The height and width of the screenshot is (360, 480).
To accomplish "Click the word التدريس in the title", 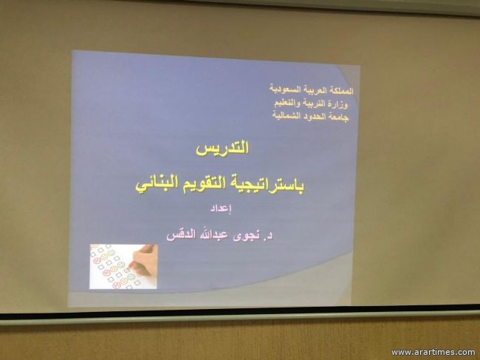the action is (222, 149).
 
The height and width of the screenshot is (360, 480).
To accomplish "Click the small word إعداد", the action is (221, 209).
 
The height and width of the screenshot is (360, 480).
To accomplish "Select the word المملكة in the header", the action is (340, 91).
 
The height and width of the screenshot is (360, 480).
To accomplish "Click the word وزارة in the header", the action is (339, 104).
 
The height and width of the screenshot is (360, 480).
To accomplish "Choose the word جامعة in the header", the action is (338, 118).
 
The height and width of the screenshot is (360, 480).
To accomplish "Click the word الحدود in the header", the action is (314, 117).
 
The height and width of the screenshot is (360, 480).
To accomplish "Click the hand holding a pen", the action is (144, 259).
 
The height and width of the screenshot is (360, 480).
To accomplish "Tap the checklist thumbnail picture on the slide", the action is (123, 267).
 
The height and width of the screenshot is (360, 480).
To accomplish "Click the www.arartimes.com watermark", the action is (433, 353).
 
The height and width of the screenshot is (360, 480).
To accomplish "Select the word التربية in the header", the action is (313, 103).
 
